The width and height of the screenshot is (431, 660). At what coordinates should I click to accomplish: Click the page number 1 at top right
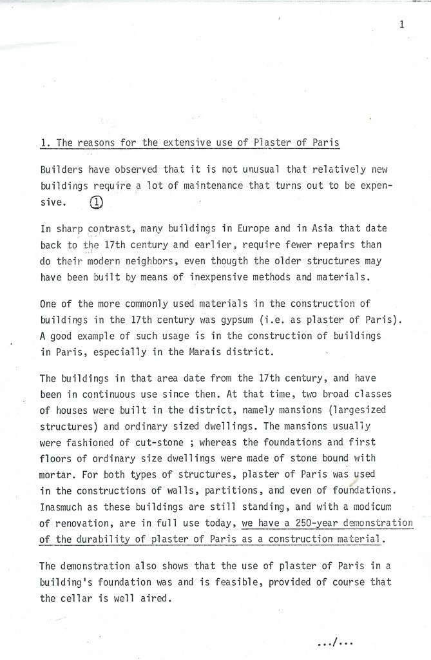click(x=401, y=25)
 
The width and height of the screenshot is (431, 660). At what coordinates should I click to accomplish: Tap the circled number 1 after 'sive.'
click(x=97, y=201)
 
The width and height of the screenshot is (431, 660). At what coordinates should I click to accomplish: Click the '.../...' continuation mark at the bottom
click(x=336, y=641)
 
